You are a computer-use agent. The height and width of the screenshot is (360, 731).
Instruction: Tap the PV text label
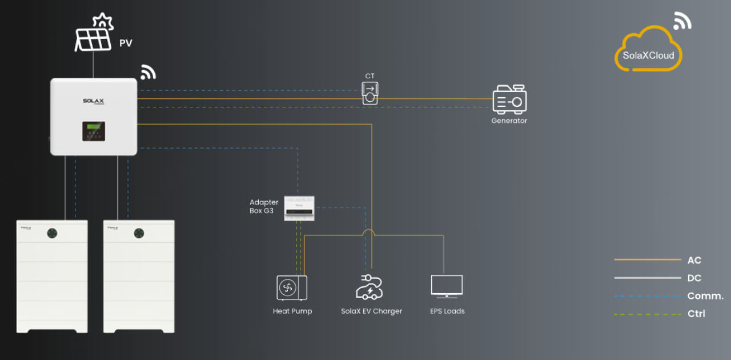pyautogui.click(x=126, y=43)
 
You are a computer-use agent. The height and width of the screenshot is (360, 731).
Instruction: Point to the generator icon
pyautogui.click(x=509, y=99)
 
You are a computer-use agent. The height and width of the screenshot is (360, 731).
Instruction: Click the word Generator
pyautogui.click(x=509, y=121)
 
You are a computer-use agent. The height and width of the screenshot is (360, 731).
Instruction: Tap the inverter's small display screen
pyautogui.click(x=94, y=130)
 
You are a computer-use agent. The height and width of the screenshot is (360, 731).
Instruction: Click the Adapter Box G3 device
pyautogui.click(x=300, y=208)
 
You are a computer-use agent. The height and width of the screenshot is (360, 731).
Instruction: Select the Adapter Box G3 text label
pyautogui.click(x=264, y=206)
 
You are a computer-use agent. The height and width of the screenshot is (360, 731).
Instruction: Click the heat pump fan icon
pyautogui.click(x=291, y=287)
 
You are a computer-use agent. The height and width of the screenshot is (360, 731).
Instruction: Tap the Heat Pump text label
pyautogui.click(x=292, y=311)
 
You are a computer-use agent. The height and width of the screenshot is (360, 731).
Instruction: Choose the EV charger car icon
pyautogui.click(x=369, y=287)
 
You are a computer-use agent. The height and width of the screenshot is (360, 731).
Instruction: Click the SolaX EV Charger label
pyautogui.click(x=371, y=311)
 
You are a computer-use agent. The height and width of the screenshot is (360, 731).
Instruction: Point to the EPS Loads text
pyautogui.click(x=447, y=311)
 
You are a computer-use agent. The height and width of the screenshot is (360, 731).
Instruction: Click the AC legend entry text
pyautogui.click(x=694, y=261)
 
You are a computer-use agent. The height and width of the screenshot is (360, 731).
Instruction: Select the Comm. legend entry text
pyautogui.click(x=705, y=296)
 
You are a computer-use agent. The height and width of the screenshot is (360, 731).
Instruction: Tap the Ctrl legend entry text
pyautogui.click(x=696, y=314)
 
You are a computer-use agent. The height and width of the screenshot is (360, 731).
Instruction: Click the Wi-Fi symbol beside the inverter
pyautogui.click(x=148, y=73)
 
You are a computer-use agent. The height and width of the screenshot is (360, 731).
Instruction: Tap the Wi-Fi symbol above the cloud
pyautogui.click(x=682, y=21)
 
